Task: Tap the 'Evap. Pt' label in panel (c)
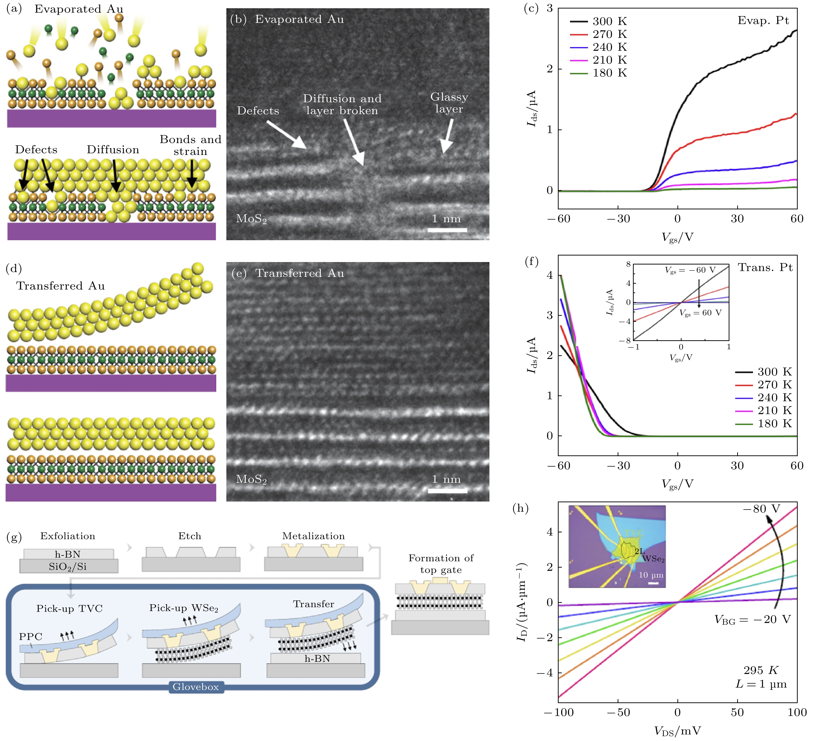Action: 763,21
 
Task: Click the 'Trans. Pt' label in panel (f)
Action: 765,267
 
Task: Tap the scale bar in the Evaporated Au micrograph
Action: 447,230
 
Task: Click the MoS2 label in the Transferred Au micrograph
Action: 251,479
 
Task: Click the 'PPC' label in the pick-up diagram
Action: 31,637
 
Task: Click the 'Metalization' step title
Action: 313,536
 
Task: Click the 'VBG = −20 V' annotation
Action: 752,619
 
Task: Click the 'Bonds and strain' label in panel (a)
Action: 190,145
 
